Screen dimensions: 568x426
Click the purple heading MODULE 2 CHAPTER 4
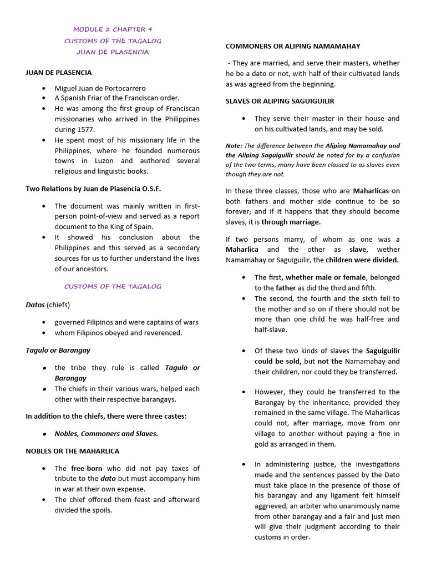[113, 29]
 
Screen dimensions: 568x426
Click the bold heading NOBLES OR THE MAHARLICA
[73, 451]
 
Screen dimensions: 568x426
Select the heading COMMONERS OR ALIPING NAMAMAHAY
[293, 46]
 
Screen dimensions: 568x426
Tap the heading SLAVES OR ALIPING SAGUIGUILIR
[280, 101]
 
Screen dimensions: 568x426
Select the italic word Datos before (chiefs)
[35, 305]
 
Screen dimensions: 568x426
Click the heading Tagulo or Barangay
[58, 350]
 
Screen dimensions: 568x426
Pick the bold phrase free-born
[87, 468]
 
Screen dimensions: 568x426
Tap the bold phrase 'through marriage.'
[291, 222]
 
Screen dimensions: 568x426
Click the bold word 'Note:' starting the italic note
[234, 146]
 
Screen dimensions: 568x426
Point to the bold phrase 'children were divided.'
[362, 260]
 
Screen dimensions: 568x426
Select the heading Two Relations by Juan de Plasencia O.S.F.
[93, 189]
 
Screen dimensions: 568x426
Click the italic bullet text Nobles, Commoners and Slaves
[106, 434]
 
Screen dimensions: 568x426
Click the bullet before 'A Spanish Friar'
[44, 98]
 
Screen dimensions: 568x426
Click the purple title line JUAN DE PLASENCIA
[113, 52]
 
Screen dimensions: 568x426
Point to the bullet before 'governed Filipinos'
[44, 322]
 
